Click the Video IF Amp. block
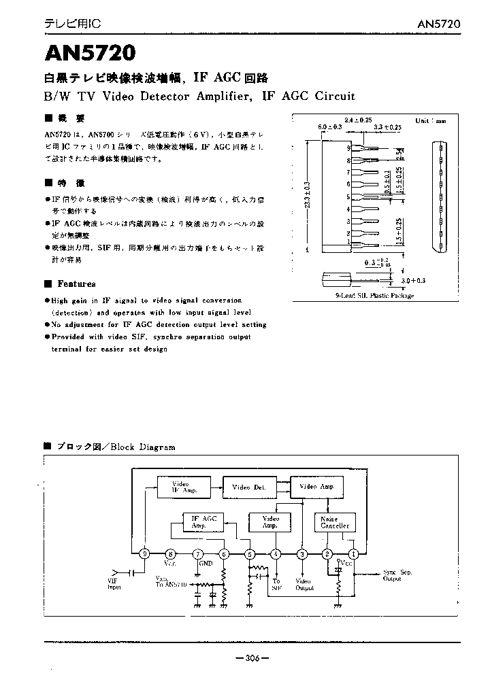click(x=180, y=487)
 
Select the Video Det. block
click(x=248, y=487)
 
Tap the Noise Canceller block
click(x=334, y=522)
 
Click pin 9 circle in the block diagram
click(x=144, y=553)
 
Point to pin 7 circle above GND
click(x=198, y=553)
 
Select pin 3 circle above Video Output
click(x=301, y=553)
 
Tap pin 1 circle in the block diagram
click(x=353, y=553)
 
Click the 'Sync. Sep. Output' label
click(x=397, y=575)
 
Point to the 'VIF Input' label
click(x=114, y=583)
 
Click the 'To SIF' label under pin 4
click(x=276, y=584)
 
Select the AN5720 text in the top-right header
click(x=439, y=24)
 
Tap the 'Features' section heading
click(x=76, y=283)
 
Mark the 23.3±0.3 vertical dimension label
click(x=307, y=195)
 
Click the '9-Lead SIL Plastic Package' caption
click(x=374, y=296)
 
